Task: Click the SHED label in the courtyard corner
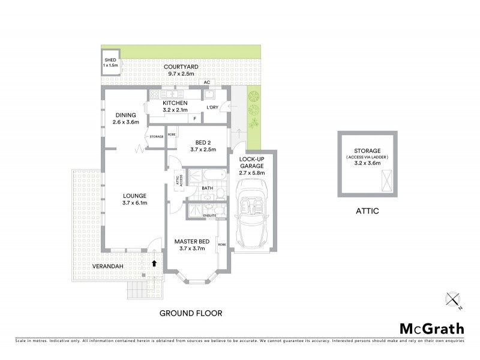pos(110,62)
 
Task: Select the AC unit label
pos(206,82)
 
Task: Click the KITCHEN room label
pos(175,106)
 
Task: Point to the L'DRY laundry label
pos(212,107)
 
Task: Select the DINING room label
pos(125,118)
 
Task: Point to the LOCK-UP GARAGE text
pos(252,166)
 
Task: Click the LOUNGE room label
pos(134,199)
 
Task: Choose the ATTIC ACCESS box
pos(178,181)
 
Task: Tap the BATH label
pos(208,188)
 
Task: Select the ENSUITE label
pos(209,214)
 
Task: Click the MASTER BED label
pos(191,245)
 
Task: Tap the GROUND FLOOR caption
pos(191,313)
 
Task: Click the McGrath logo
pos(432,328)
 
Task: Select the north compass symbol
pos(453,300)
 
